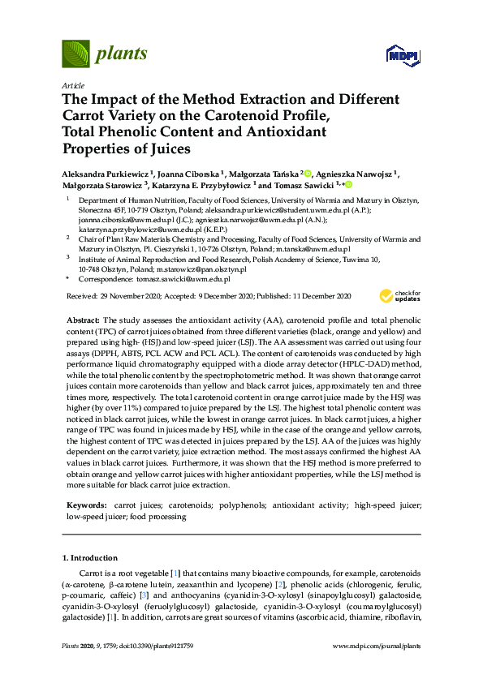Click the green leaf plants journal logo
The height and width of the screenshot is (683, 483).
[75, 54]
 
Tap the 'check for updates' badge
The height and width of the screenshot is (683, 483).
[406, 295]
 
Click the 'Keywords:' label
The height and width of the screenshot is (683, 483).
[84, 505]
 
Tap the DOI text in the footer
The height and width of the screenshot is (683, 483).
[149, 668]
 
